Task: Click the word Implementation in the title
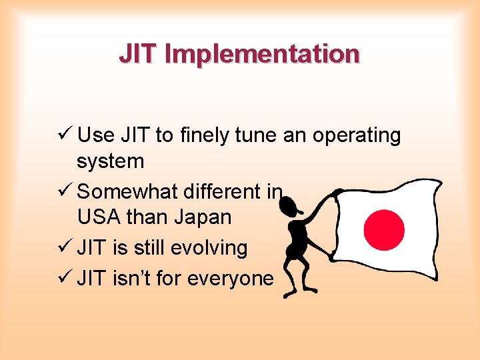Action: coord(261,54)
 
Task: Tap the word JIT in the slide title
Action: coord(139,54)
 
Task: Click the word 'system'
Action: coord(110,161)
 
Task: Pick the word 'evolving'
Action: coord(209,249)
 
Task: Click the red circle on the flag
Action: coord(384,229)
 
